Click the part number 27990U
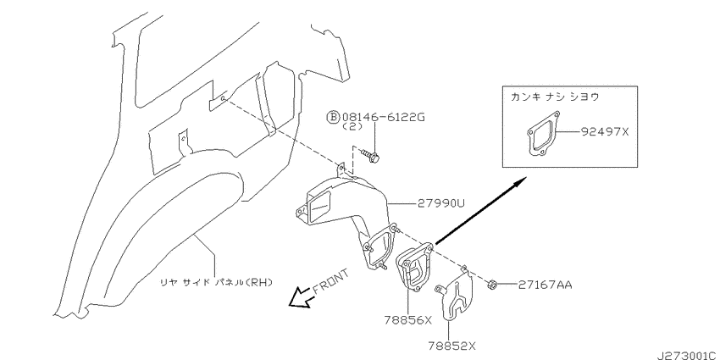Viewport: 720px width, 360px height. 440,203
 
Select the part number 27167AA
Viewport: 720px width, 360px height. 546,285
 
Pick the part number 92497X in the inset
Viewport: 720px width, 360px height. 604,132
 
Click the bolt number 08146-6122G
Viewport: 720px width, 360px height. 382,117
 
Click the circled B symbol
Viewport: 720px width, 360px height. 332,118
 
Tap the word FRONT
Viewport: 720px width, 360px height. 330,281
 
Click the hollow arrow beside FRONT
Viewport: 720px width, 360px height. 298,297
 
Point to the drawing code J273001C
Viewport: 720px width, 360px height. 688,356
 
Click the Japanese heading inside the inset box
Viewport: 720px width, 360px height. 555,97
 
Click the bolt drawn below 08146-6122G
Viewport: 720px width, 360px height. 369,156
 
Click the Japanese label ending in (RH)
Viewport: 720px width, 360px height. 216,282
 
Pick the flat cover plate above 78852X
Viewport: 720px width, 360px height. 455,297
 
